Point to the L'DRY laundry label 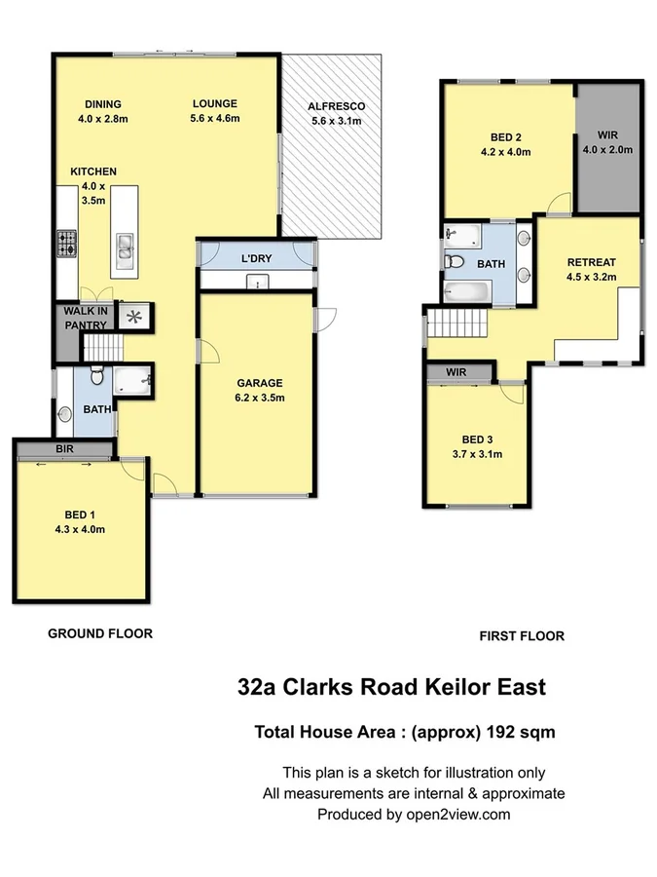pos(257,259)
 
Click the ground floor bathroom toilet pos(97,377)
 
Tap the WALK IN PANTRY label pos(85,318)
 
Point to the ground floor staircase pos(99,346)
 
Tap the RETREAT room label pos(591,262)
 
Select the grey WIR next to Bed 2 pos(607,143)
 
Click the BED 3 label pos(475,439)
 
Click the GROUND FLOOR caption pos(100,633)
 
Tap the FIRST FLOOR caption pos(522,636)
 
